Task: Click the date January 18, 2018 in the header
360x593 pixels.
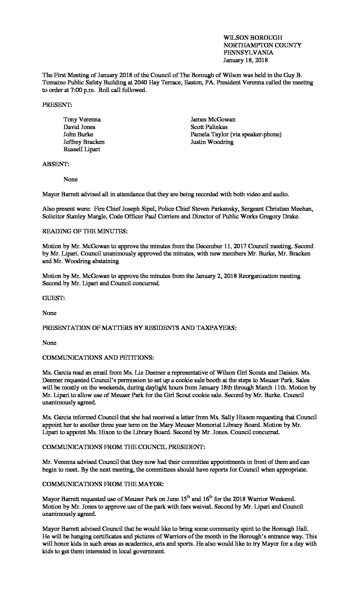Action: click(245, 60)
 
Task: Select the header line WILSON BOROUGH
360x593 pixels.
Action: click(252, 38)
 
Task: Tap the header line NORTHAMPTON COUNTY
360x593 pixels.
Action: click(262, 45)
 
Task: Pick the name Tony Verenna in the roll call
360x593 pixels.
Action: click(82, 119)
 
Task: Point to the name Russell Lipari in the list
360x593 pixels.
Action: click(82, 149)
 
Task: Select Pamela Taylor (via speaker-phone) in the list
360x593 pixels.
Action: click(236, 134)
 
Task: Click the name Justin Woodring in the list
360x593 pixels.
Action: click(212, 142)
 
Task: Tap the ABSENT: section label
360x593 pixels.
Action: click(56, 164)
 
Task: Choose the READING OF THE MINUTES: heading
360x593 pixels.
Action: click(85, 231)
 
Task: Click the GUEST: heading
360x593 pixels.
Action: click(53, 298)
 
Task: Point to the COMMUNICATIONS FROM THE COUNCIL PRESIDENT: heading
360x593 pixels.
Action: click(123, 447)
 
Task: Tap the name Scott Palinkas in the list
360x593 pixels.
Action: click(209, 127)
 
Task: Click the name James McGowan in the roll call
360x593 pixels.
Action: click(213, 119)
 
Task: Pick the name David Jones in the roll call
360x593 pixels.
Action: click(79, 127)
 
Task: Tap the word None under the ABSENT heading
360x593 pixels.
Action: click(70, 179)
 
